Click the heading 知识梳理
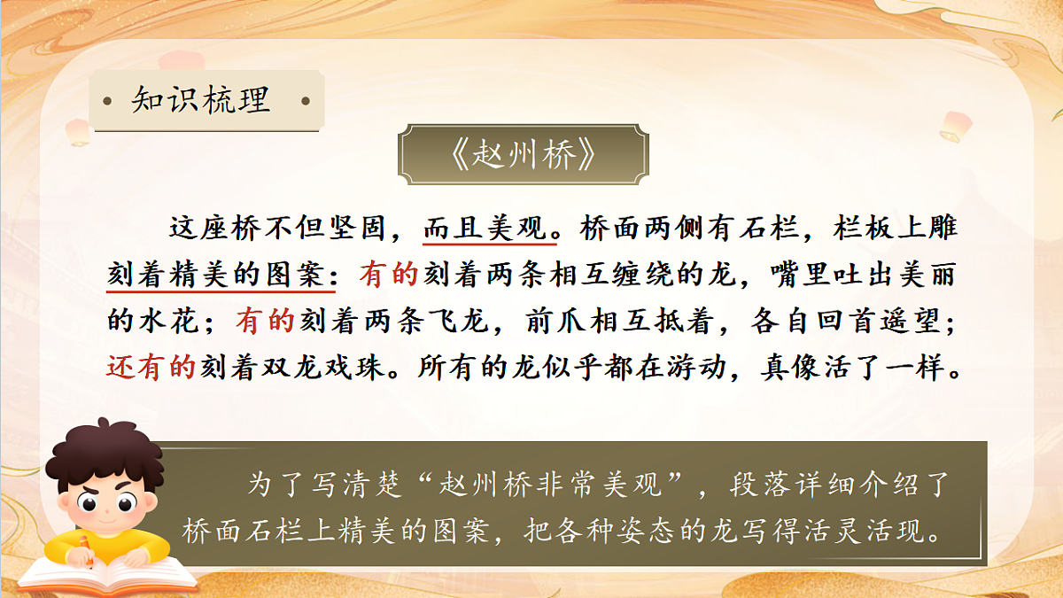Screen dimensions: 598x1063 (200, 100)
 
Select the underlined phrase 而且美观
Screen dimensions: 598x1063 (490, 229)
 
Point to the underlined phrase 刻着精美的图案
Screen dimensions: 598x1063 (221, 275)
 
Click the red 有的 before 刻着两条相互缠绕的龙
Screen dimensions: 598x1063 (388, 275)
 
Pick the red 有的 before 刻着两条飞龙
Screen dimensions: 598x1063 (264, 321)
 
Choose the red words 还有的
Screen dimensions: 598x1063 (151, 367)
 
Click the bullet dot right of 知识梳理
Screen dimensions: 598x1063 (306, 100)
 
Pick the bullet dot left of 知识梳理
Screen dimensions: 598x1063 (107, 100)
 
